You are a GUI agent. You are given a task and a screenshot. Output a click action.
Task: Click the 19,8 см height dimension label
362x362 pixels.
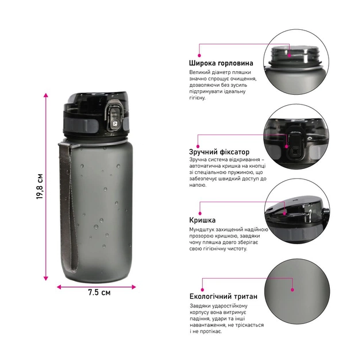click(x=40, y=186)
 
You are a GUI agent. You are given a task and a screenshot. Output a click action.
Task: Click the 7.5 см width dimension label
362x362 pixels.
click(x=99, y=292)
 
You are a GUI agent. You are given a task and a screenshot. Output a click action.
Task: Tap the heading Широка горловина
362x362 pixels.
click(x=221, y=63)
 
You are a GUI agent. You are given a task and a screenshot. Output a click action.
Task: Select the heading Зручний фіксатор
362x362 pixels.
click(x=219, y=152)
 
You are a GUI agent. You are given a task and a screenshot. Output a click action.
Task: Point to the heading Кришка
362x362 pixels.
click(x=202, y=220)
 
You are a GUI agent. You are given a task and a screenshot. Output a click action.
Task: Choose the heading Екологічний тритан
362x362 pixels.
click(x=224, y=296)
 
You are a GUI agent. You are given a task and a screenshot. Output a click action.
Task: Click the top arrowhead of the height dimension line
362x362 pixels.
click(x=46, y=95)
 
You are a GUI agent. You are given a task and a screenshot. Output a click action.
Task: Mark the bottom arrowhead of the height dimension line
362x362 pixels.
click(x=46, y=278)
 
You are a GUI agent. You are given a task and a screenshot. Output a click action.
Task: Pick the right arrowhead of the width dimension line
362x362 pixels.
click(x=133, y=287)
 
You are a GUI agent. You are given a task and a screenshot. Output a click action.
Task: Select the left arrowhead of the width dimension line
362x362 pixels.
click(x=59, y=287)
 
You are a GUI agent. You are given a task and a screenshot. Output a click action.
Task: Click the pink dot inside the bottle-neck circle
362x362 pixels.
click(x=289, y=55)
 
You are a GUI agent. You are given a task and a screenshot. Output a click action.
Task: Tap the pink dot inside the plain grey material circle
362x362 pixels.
click(x=292, y=290)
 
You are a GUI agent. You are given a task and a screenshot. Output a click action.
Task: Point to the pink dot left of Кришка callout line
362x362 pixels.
click(x=200, y=214)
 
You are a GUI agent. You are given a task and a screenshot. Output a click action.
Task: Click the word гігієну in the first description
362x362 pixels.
click(x=197, y=98)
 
